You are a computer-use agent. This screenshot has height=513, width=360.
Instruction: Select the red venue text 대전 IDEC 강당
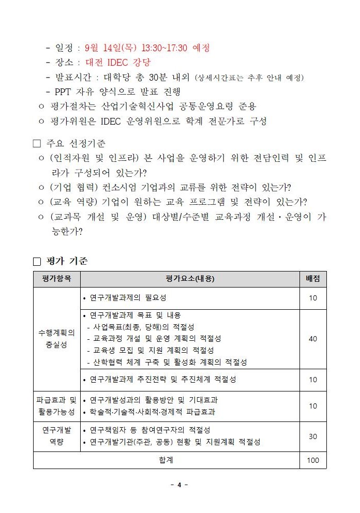click(x=118, y=63)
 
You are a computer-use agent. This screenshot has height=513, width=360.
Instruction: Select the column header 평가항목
click(x=56, y=279)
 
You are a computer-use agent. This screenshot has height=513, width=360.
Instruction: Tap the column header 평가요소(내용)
click(x=190, y=279)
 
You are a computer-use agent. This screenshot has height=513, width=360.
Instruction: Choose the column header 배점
click(x=313, y=279)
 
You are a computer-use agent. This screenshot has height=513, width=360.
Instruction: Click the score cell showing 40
click(x=313, y=339)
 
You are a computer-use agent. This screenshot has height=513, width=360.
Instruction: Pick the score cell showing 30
click(x=313, y=436)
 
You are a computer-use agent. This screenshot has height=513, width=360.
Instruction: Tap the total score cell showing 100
click(x=313, y=460)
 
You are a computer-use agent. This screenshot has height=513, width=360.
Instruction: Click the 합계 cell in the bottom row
click(x=166, y=460)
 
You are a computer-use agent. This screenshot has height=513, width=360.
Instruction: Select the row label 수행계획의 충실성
click(x=56, y=339)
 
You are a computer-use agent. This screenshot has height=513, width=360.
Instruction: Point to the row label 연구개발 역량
click(x=56, y=436)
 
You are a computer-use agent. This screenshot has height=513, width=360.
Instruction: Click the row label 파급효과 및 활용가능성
click(x=56, y=406)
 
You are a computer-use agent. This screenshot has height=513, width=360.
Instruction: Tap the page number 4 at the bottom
click(x=179, y=485)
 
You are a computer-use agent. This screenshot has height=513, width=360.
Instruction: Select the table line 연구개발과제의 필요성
click(x=128, y=298)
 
